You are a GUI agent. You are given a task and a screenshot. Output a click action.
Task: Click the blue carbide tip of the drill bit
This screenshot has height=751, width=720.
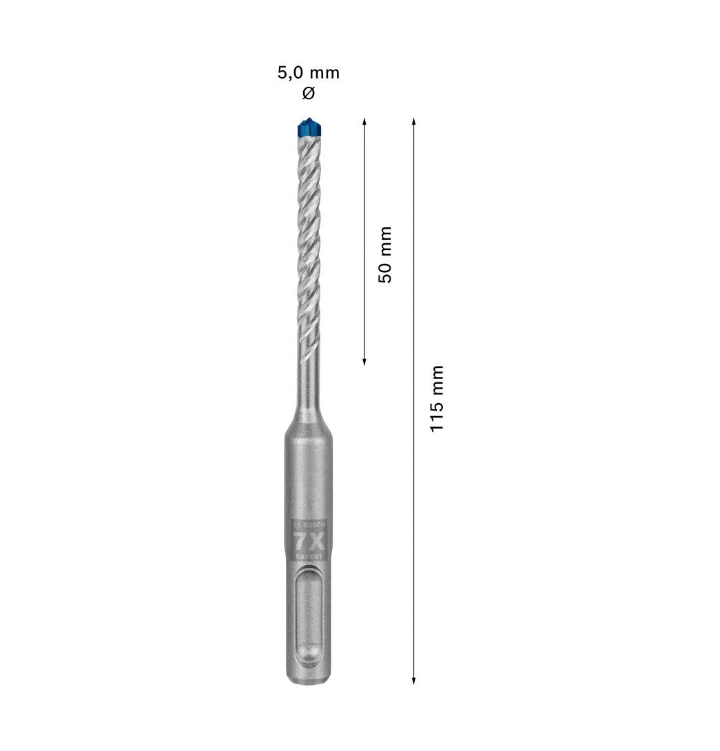[x=308, y=127]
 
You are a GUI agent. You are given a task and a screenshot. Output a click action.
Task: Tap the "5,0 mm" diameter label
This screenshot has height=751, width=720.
[x=308, y=73]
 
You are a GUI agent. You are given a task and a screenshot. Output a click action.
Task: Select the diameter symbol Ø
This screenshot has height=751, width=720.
[x=308, y=93]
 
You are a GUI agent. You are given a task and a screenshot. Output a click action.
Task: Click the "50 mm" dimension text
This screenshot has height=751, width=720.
[x=384, y=254]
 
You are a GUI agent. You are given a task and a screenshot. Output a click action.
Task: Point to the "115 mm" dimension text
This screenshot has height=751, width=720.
[x=438, y=399]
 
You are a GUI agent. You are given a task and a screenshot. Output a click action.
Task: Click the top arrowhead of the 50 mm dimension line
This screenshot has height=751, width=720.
[x=364, y=121]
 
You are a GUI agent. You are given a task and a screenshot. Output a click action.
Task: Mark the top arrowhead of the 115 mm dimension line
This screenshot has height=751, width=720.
[x=413, y=121]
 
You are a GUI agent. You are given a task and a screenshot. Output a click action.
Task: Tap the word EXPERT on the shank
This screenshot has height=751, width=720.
[x=309, y=555]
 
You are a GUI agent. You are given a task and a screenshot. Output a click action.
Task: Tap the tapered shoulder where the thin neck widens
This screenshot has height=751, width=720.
[x=308, y=418]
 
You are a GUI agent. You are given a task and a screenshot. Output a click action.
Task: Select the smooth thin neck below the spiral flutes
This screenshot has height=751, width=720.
[x=309, y=379]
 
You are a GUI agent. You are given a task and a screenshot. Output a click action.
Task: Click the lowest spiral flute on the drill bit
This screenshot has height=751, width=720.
[x=308, y=338]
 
